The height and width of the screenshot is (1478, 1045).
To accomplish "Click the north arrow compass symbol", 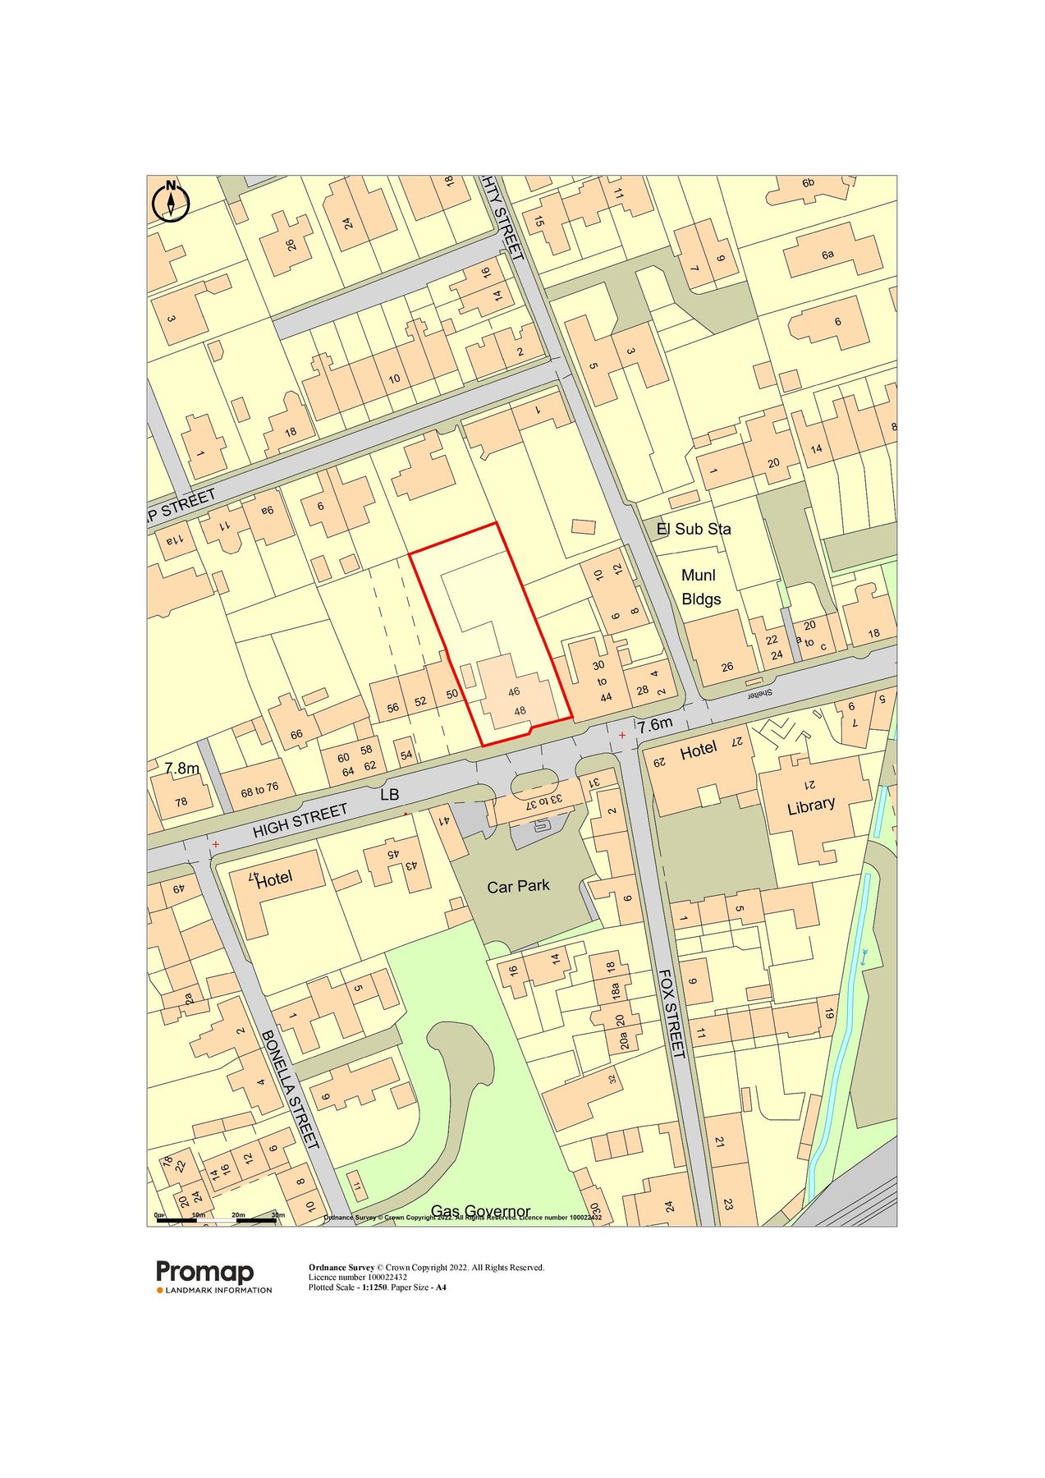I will pyautogui.click(x=171, y=200).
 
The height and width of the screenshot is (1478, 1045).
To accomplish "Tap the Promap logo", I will pyautogui.click(x=205, y=1273).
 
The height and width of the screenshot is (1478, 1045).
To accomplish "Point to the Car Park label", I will pyautogui.click(x=518, y=886).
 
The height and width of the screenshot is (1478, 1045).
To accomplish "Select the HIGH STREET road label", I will pyautogui.click(x=300, y=821).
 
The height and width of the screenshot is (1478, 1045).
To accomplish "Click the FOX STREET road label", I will pyautogui.click(x=672, y=1013).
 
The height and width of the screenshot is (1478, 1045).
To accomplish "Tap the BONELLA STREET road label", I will pyautogui.click(x=288, y=1090).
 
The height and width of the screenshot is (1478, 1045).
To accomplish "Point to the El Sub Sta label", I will pyautogui.click(x=694, y=529).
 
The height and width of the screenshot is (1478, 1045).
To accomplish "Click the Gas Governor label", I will pyautogui.click(x=480, y=1211).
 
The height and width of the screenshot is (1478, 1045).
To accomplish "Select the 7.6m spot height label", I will pyautogui.click(x=655, y=724).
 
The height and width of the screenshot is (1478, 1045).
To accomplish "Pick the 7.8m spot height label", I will pyautogui.click(x=181, y=769).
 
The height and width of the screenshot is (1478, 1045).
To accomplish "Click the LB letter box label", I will pyautogui.click(x=389, y=795).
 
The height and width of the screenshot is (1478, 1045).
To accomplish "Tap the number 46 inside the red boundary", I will pyautogui.click(x=514, y=691).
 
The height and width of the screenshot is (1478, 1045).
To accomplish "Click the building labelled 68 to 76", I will pyautogui.click(x=259, y=790).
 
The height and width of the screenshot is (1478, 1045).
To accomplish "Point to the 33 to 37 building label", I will pyautogui.click(x=544, y=801).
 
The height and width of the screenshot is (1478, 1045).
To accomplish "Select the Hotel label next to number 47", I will pyautogui.click(x=274, y=880).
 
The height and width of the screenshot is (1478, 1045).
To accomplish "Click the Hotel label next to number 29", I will pyautogui.click(x=698, y=749).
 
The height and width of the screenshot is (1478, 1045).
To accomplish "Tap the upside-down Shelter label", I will pyautogui.click(x=760, y=694).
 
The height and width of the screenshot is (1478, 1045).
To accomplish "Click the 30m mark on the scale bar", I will pyautogui.click(x=277, y=1214).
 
